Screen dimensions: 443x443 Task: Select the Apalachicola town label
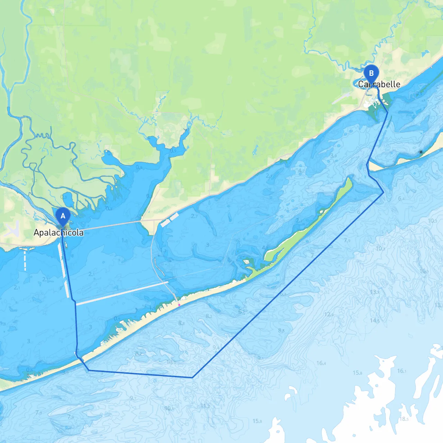58,232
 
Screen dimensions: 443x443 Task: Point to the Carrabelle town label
379,84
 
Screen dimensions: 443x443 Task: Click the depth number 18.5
404,419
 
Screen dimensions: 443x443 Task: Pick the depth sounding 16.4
321,363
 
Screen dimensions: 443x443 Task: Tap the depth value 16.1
401,371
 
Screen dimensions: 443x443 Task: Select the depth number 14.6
374,320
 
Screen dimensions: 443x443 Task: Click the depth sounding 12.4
329,314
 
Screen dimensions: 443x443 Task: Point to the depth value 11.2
205,406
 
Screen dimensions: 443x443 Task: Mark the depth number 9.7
133,398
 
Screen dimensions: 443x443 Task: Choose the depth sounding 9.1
260,359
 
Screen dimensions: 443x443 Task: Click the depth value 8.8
181,323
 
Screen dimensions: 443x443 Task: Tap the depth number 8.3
281,331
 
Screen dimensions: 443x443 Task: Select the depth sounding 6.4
401,198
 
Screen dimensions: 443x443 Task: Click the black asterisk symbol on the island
421,152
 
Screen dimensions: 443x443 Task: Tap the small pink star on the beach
179,305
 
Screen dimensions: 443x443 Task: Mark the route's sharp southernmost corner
192,378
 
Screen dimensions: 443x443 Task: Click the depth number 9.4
216,347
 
